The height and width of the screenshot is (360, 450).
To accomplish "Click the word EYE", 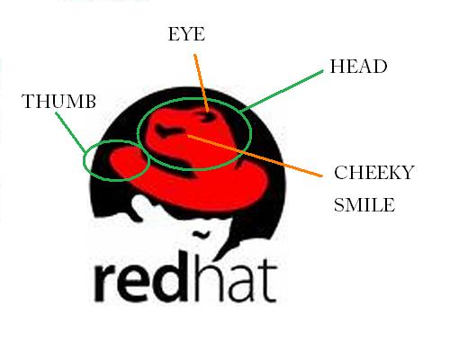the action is coord(186,34).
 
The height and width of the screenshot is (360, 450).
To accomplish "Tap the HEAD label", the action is coord(358,67).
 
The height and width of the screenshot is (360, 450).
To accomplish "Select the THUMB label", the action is coord(58,101).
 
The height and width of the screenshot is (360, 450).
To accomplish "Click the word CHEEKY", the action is coord(374,173).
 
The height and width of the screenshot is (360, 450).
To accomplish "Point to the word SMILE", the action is coord(364,205).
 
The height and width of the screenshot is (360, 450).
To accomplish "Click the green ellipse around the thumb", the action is coord(116,181).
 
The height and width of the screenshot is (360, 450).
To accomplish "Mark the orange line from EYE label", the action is coord(202,83).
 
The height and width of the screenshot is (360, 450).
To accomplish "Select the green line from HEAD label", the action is coord(282,91).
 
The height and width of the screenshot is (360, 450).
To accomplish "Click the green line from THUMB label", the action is coord(71,132).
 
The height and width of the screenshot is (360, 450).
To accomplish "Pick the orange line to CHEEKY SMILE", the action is coord(255,156).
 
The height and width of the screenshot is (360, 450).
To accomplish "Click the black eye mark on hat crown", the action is coord(208,116).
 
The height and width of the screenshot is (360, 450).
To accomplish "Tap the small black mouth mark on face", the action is coord(201,234).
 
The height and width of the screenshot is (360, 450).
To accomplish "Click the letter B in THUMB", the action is coord(89,101).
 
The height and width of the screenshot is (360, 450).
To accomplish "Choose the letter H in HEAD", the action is coord(337,67).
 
